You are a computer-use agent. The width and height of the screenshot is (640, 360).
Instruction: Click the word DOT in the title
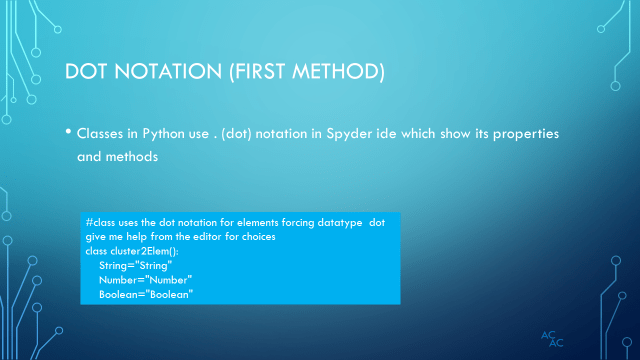86,73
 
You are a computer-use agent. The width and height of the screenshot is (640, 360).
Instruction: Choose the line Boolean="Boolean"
145,295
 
